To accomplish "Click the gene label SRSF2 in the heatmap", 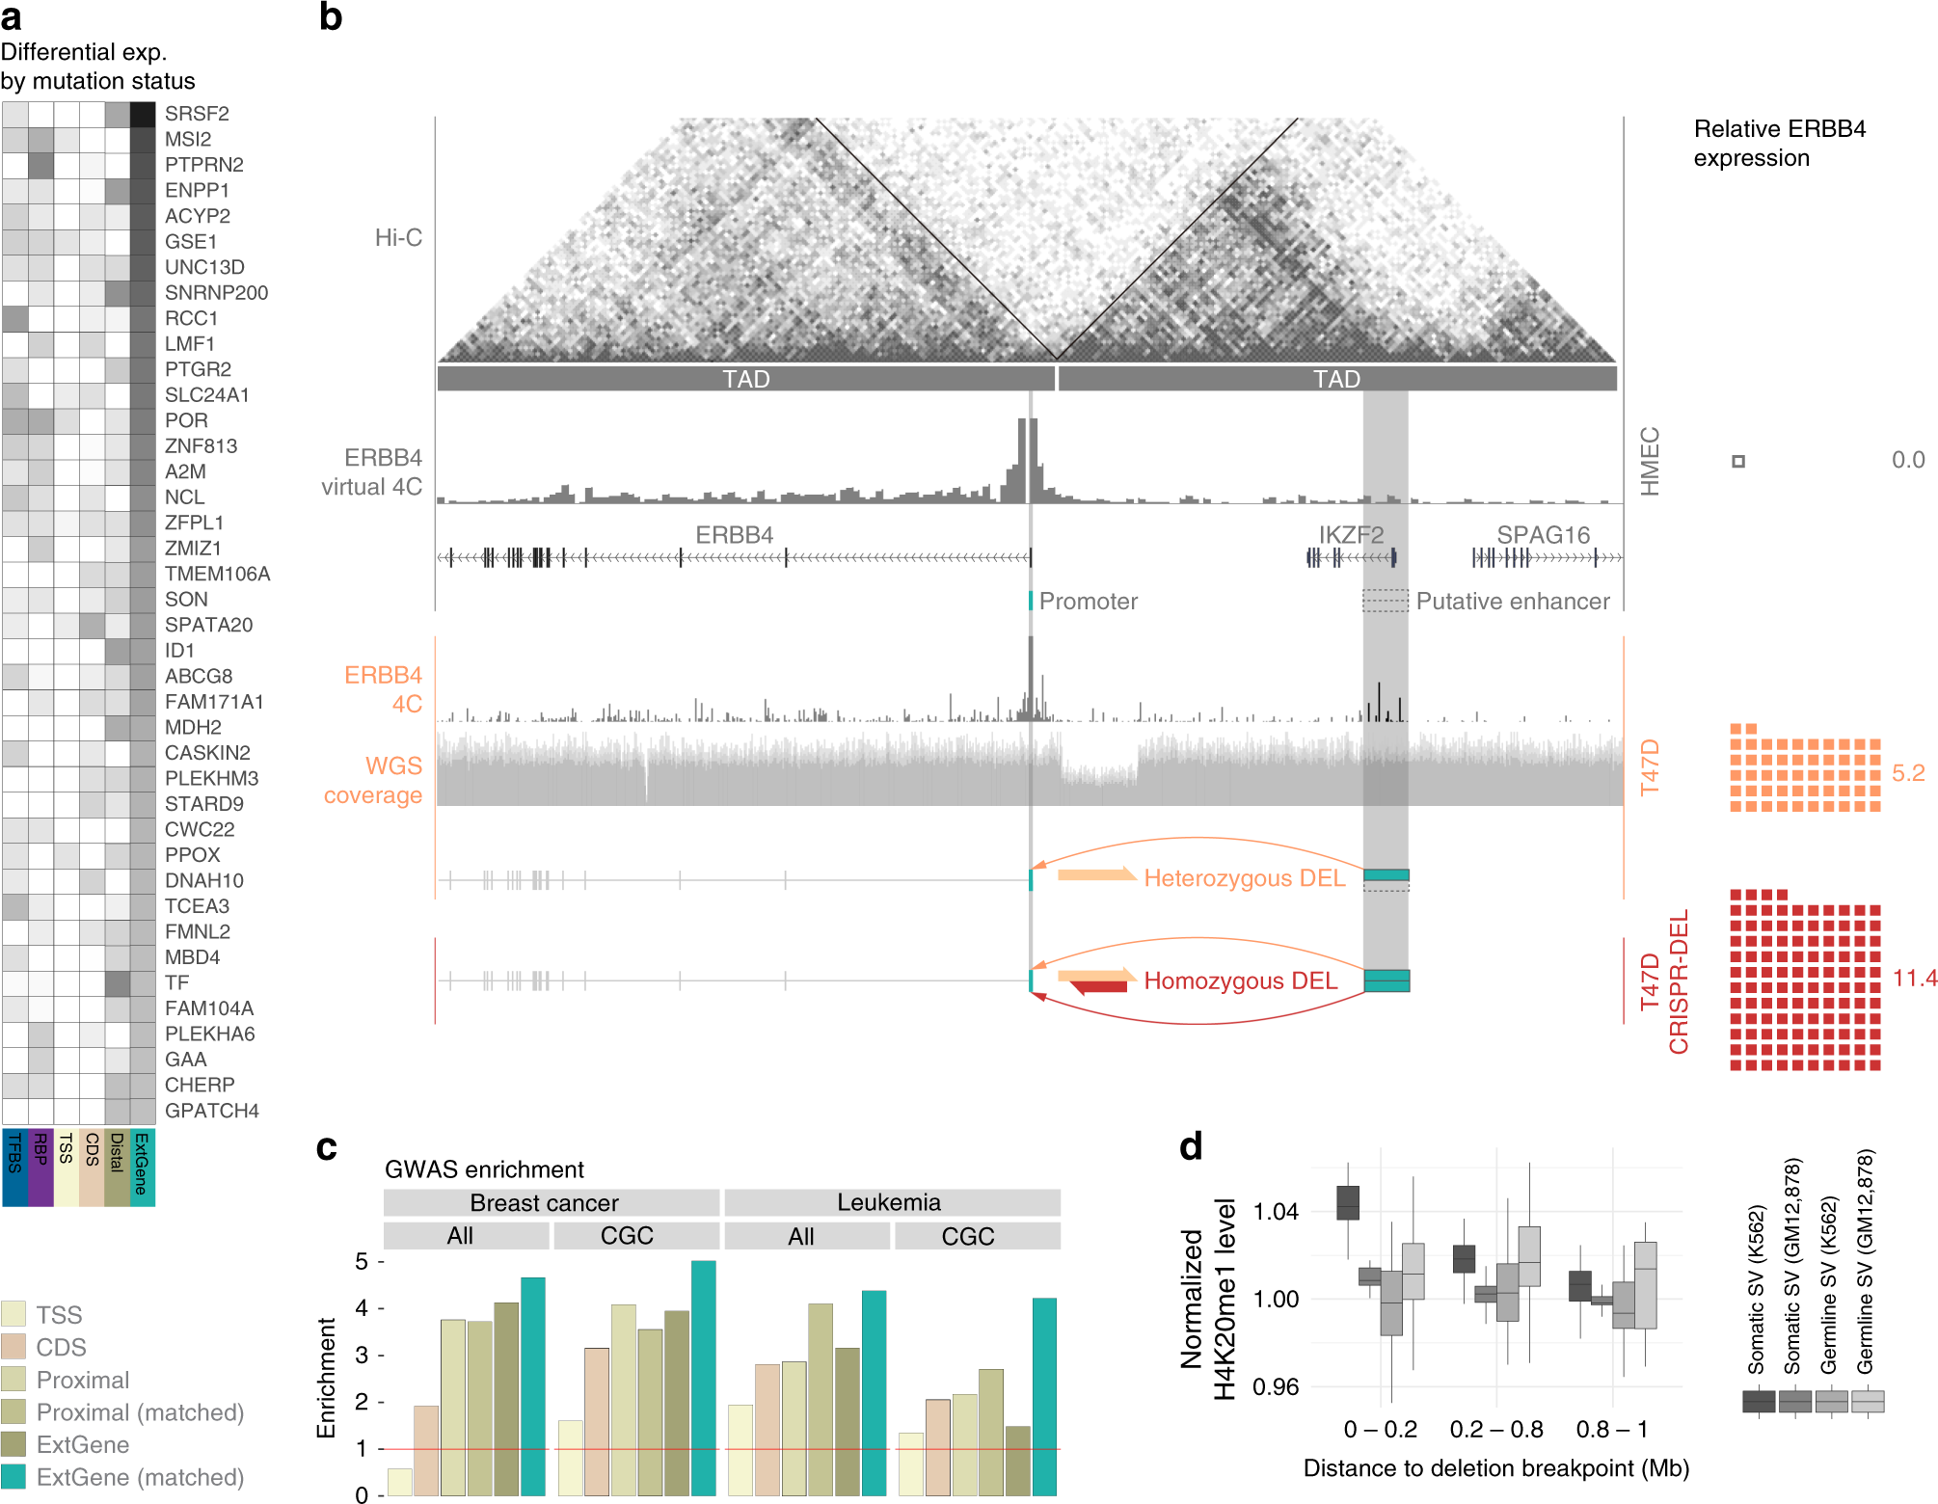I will pos(197,114).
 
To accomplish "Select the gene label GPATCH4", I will pos(211,1111).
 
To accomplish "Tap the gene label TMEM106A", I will pos(217,574).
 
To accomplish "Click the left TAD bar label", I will pos(746,379).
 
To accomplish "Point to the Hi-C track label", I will pos(398,237).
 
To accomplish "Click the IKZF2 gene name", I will pos(1351,535).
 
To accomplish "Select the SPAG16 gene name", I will pos(1543,535).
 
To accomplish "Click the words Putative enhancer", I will pos(1512,602).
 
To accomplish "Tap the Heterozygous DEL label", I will pos(1244,878).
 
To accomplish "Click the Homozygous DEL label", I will pos(1240,980).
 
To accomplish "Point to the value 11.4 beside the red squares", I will pos(1914,979).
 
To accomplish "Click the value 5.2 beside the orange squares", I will pos(1907,773).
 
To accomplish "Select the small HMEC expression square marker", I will pos(1738,462).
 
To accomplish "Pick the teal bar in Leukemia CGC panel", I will pos(1044,1396).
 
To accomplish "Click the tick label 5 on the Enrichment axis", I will pos(362,1261).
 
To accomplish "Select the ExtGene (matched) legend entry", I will pos(140,1477).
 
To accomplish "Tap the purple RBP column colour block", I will pos(40,1167).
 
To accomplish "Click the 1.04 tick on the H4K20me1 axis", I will pos(1275,1212).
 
